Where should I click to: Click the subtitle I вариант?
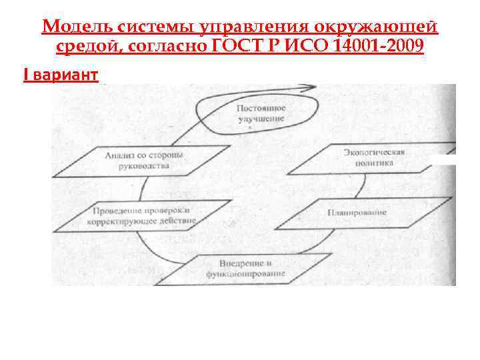[61, 75]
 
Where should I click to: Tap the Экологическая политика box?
[373, 157]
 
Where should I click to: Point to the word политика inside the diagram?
[373, 162]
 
